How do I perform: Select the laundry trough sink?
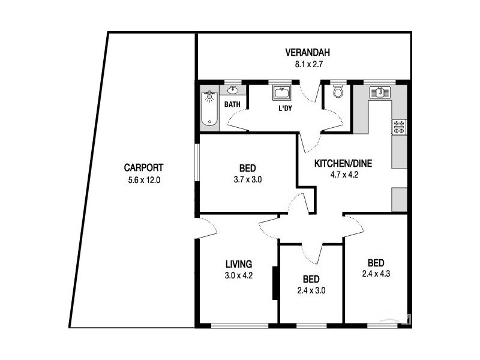281,93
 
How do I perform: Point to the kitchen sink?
380,92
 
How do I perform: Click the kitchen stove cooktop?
399,127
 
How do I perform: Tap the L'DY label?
284,109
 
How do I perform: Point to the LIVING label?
238,263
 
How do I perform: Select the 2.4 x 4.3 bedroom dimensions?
376,274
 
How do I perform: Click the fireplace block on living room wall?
275,283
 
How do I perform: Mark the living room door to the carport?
205,227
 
